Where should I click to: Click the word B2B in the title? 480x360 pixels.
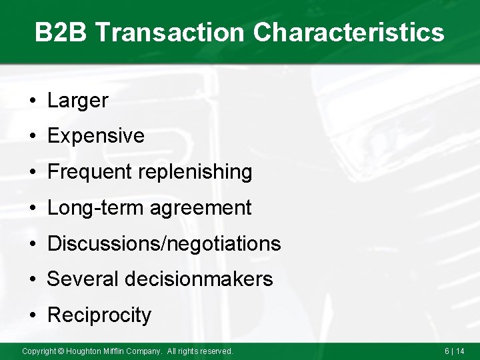61,32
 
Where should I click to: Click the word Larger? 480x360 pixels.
77,101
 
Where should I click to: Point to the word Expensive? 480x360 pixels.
96,136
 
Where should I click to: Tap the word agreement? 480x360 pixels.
201,208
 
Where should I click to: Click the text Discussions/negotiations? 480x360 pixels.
164,243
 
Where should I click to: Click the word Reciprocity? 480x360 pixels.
99,315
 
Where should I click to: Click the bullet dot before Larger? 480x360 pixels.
32,101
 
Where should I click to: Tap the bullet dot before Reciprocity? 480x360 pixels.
32,315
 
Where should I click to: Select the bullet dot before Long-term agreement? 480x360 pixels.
32,209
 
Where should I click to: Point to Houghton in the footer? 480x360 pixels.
85,351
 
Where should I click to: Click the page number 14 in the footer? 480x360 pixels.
460,351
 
